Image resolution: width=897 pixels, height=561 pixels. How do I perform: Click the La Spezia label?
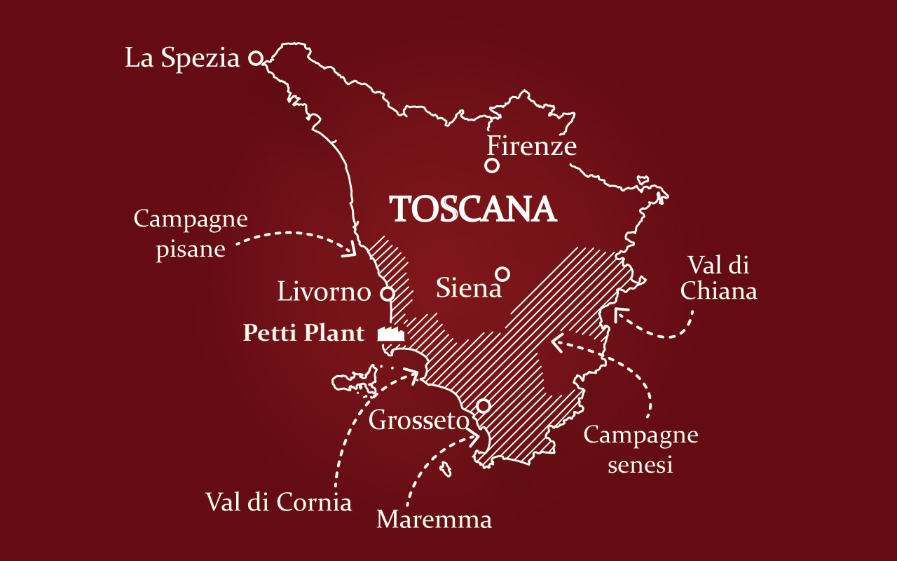182,59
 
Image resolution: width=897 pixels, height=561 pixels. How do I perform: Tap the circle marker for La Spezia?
256,58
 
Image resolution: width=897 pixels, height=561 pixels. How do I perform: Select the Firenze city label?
532,147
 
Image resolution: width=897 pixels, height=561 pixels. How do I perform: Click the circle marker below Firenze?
492,165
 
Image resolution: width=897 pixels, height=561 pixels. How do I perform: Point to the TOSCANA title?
473,209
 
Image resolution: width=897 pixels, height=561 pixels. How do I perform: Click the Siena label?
469,288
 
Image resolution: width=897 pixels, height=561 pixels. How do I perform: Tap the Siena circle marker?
502,273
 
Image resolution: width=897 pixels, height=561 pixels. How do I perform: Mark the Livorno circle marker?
386,293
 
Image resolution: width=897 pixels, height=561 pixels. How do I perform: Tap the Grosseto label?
418,421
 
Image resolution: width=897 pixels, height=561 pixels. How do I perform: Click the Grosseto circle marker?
483,405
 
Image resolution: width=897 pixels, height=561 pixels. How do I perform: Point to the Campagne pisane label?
191,234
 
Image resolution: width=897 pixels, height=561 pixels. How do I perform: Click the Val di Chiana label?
718,278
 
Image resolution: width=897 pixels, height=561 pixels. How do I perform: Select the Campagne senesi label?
641,449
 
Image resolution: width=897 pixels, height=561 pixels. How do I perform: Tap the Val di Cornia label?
278,502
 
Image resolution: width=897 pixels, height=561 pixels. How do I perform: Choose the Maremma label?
434,520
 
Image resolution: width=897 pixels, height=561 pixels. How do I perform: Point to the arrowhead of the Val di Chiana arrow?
617,313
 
